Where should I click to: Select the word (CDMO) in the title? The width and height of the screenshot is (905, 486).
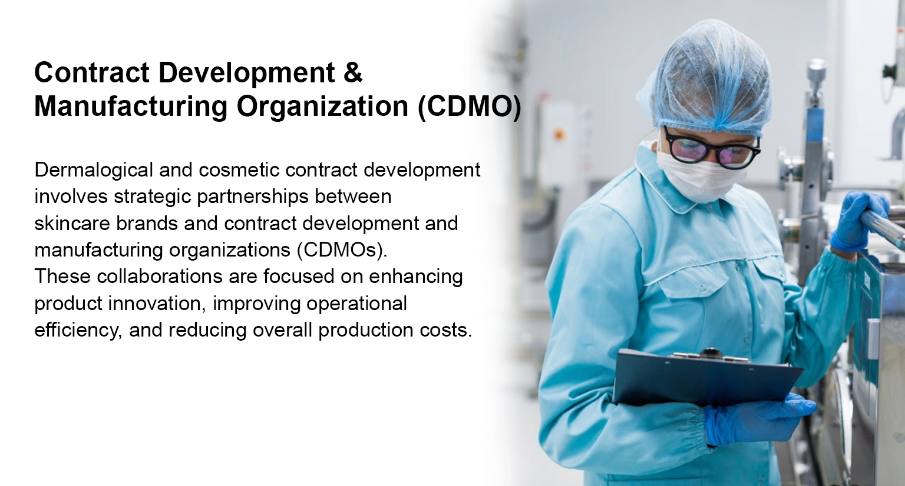(x=470, y=106)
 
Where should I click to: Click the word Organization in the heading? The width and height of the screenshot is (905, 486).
(x=322, y=107)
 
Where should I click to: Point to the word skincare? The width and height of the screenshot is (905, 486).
(x=72, y=223)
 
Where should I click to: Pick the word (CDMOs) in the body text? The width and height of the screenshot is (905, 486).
(x=342, y=250)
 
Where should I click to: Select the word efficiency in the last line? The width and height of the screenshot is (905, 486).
(x=78, y=330)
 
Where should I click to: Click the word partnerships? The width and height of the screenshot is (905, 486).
(x=253, y=197)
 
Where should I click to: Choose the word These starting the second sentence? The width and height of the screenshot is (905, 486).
(x=62, y=277)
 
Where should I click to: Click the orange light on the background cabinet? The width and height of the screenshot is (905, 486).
(x=559, y=134)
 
